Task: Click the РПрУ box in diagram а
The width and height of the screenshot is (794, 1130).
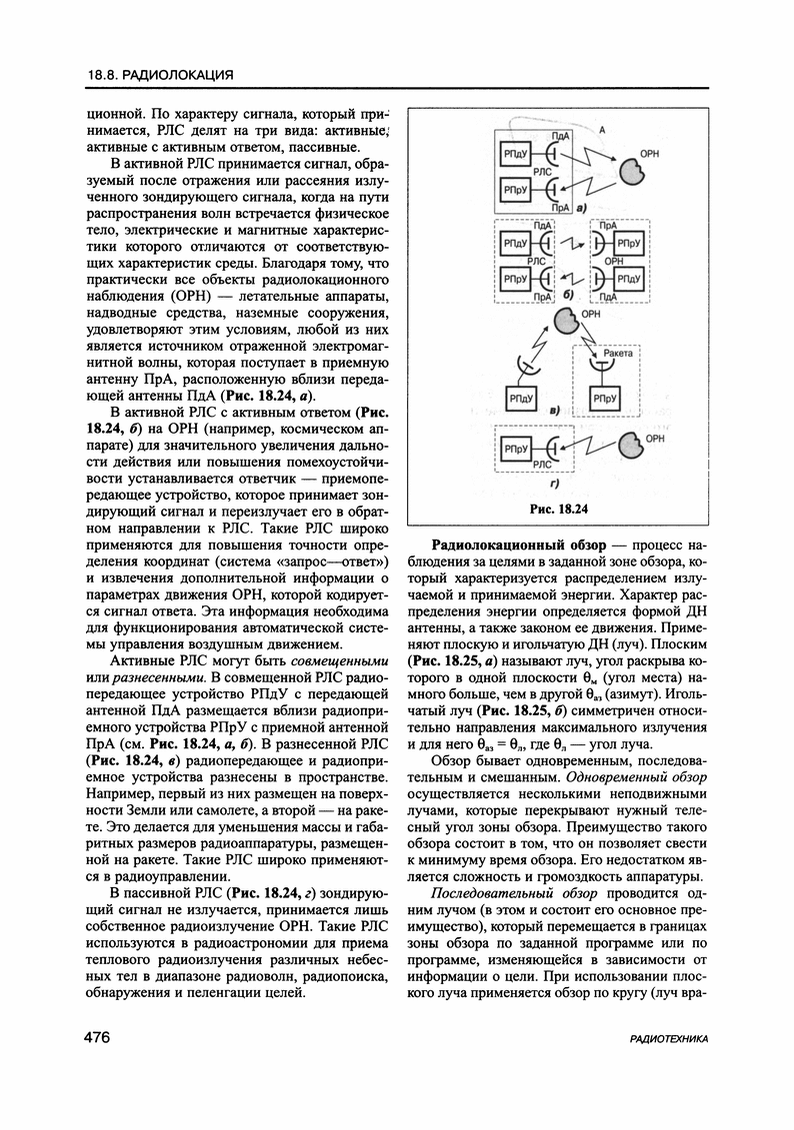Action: point(515,190)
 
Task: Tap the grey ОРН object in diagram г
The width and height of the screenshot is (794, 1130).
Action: point(630,443)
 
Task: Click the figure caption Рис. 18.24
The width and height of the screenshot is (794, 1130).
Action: point(556,509)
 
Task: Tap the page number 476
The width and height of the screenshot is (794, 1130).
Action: point(96,1038)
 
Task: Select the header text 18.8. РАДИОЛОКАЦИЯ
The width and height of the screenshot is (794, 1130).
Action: point(159,74)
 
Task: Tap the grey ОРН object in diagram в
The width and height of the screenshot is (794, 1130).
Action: point(566,322)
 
